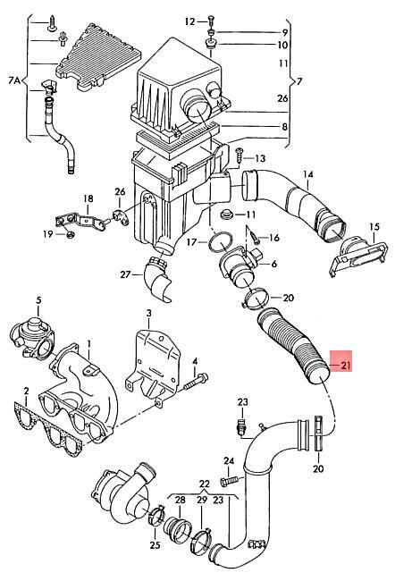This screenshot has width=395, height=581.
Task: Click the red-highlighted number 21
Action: pyautogui.click(x=346, y=366)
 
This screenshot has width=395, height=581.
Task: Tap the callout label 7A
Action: pyautogui.click(x=14, y=80)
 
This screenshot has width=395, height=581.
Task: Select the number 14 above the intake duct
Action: pyautogui.click(x=308, y=174)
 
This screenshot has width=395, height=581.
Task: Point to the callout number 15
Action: pyautogui.click(x=374, y=226)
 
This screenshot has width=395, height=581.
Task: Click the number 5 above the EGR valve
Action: pyautogui.click(x=38, y=300)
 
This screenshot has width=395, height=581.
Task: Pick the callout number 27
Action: pyautogui.click(x=126, y=274)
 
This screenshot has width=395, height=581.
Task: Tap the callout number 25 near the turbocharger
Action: pyautogui.click(x=155, y=545)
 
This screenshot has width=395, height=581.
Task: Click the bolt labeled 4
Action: pyautogui.click(x=196, y=382)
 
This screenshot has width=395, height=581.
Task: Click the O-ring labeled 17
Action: pyautogui.click(x=220, y=243)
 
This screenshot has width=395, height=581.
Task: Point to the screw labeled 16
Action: pyautogui.click(x=255, y=237)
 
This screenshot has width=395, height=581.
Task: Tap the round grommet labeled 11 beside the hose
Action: pyautogui.click(x=226, y=215)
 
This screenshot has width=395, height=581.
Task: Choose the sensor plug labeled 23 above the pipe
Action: pyautogui.click(x=241, y=426)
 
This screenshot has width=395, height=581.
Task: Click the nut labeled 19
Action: pyautogui.click(x=71, y=234)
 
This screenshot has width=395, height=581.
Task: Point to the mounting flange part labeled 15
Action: pyautogui.click(x=358, y=257)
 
